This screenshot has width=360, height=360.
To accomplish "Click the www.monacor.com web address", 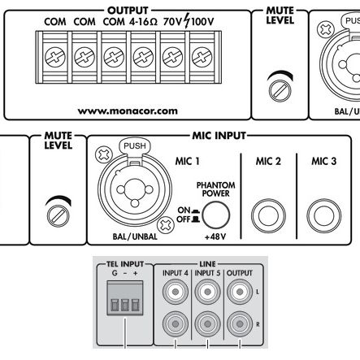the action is point(128,111).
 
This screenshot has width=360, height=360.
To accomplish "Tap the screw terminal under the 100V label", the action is point(202,57).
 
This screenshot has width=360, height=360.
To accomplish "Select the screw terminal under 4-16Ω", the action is point(143,57).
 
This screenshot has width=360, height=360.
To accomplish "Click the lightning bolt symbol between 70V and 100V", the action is point(187,20).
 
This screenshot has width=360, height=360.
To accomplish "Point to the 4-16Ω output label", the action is point(143,22).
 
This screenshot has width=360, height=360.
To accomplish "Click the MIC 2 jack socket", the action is point(268,216).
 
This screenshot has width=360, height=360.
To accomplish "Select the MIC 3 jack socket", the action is point(324,216).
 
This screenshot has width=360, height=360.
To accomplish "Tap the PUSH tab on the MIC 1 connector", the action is point(135,146).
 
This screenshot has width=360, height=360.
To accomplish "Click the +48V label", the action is point(215,237).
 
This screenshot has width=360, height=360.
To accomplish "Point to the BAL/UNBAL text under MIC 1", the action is point(135,236).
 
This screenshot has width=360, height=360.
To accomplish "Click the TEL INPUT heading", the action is point(125,264).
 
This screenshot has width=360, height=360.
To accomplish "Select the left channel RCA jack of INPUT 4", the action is point(176,292).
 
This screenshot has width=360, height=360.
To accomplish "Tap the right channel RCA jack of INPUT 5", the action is point(207,324).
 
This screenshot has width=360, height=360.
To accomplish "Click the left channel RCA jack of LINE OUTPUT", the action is point(240,292).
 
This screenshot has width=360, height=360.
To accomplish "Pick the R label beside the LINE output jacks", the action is point(258,324).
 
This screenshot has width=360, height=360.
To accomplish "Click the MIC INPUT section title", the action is point(219,136).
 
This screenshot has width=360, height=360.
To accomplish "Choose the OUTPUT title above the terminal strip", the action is point(128,11).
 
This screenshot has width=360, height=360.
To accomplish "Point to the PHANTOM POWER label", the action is point(216,189).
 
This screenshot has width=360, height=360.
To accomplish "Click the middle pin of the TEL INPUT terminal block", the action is point(125,305).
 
